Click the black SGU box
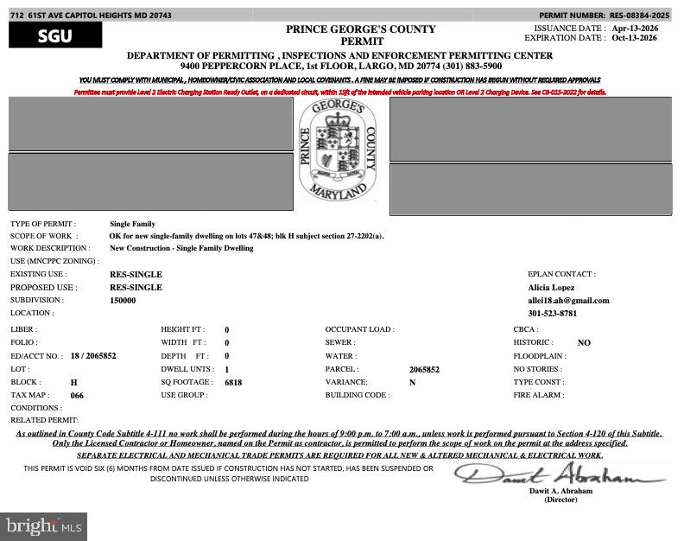(x=55, y=35)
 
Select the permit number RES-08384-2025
(x=640, y=16)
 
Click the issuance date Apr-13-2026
(x=635, y=28)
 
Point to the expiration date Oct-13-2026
(x=635, y=38)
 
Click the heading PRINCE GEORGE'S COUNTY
(x=361, y=29)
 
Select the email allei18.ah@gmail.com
(x=568, y=301)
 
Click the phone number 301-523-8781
(x=553, y=314)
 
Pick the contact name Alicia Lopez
(x=551, y=288)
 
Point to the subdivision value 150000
(x=123, y=301)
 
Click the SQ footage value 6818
(x=233, y=382)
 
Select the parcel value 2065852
(x=424, y=369)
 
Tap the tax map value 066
(x=77, y=395)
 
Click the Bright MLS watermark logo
(x=43, y=525)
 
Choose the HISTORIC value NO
(x=584, y=343)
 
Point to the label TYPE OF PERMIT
(x=43, y=224)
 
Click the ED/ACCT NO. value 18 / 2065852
(x=93, y=356)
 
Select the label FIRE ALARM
(x=539, y=395)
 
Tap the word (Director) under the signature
(x=560, y=500)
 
